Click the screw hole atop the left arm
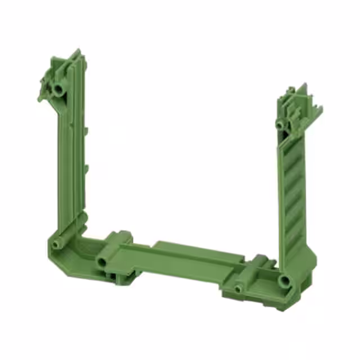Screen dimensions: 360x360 pyautogui.click(x=58, y=90)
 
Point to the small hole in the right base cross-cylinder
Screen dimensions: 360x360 pyautogui.click(x=238, y=289)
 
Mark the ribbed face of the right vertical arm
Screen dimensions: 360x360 pyautogui.click(x=294, y=191)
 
